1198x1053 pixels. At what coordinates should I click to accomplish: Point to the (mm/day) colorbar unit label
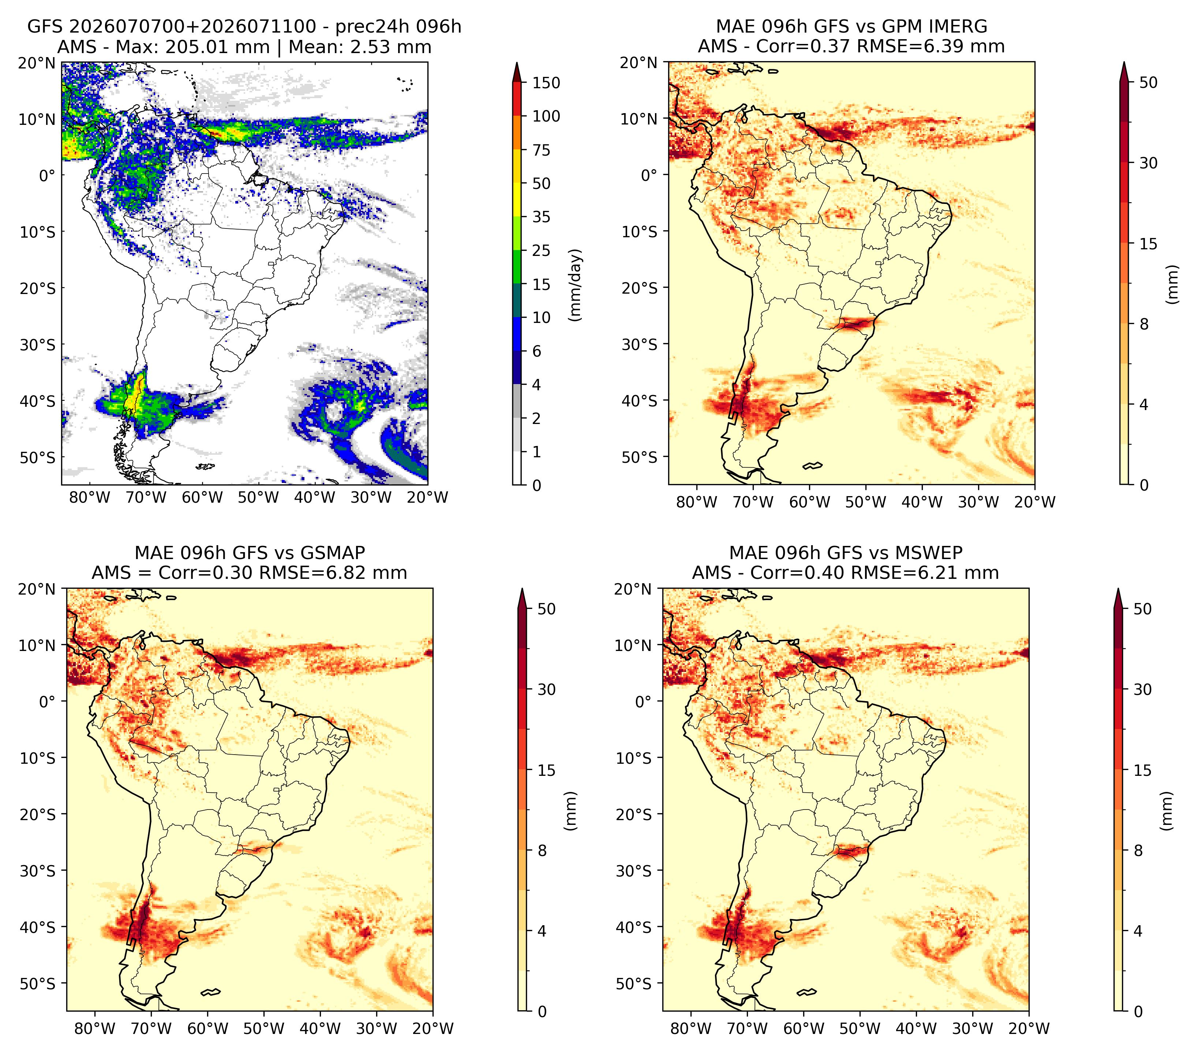point(576,285)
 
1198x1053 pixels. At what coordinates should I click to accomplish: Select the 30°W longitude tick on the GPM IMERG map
point(978,502)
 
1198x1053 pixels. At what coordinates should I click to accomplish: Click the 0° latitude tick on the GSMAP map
point(47,701)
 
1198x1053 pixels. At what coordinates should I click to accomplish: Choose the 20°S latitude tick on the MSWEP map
point(634,814)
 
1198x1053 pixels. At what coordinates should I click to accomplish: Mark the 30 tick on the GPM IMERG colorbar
point(1148,163)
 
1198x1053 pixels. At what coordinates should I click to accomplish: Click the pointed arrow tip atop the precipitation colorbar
point(517,62)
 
